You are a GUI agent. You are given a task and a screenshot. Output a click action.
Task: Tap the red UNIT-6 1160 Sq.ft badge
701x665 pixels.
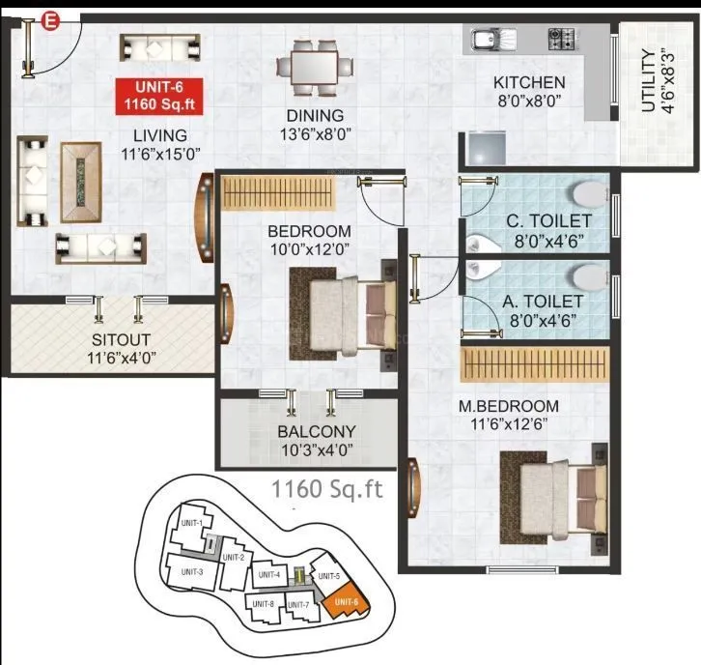point(160,95)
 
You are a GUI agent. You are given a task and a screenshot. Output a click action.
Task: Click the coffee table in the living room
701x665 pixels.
point(81,179)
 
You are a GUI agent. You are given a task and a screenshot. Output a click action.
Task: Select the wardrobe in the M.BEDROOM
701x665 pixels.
point(535,364)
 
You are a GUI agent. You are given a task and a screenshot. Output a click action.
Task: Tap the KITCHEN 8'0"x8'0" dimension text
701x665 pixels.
point(528,100)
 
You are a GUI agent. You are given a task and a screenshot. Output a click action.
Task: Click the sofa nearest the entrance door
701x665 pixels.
point(161,47)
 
